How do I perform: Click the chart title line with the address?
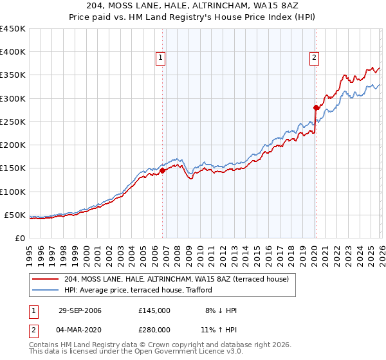coord(193,6)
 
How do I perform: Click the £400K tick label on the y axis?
coord(12,52)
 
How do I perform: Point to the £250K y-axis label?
coord(12,122)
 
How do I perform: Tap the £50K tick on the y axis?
coord(15,215)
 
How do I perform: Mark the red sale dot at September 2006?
coord(162,170)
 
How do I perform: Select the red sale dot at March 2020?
coord(316,107)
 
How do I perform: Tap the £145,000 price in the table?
coord(154,310)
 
